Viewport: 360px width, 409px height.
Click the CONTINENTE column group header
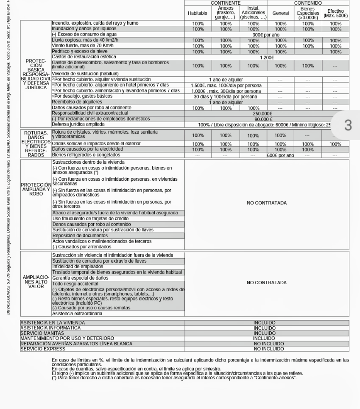[x=226, y=3]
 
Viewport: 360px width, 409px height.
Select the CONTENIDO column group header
[x=308, y=3]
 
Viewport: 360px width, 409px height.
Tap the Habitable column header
[x=198, y=13]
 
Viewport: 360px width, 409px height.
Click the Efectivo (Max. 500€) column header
[x=335, y=13]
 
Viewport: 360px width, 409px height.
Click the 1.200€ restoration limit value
[x=267, y=57]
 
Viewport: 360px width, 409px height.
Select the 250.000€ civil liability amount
[x=262, y=114]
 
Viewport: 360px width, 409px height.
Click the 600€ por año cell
[x=280, y=155]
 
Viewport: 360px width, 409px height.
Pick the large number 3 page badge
[x=348, y=125]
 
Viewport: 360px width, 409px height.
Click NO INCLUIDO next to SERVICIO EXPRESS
[x=269, y=349]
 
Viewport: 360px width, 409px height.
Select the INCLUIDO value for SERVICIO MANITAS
[x=265, y=333]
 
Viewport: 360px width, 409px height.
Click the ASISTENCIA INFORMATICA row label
[x=50, y=328]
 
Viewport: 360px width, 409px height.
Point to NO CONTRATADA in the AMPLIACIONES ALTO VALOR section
[x=267, y=283]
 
